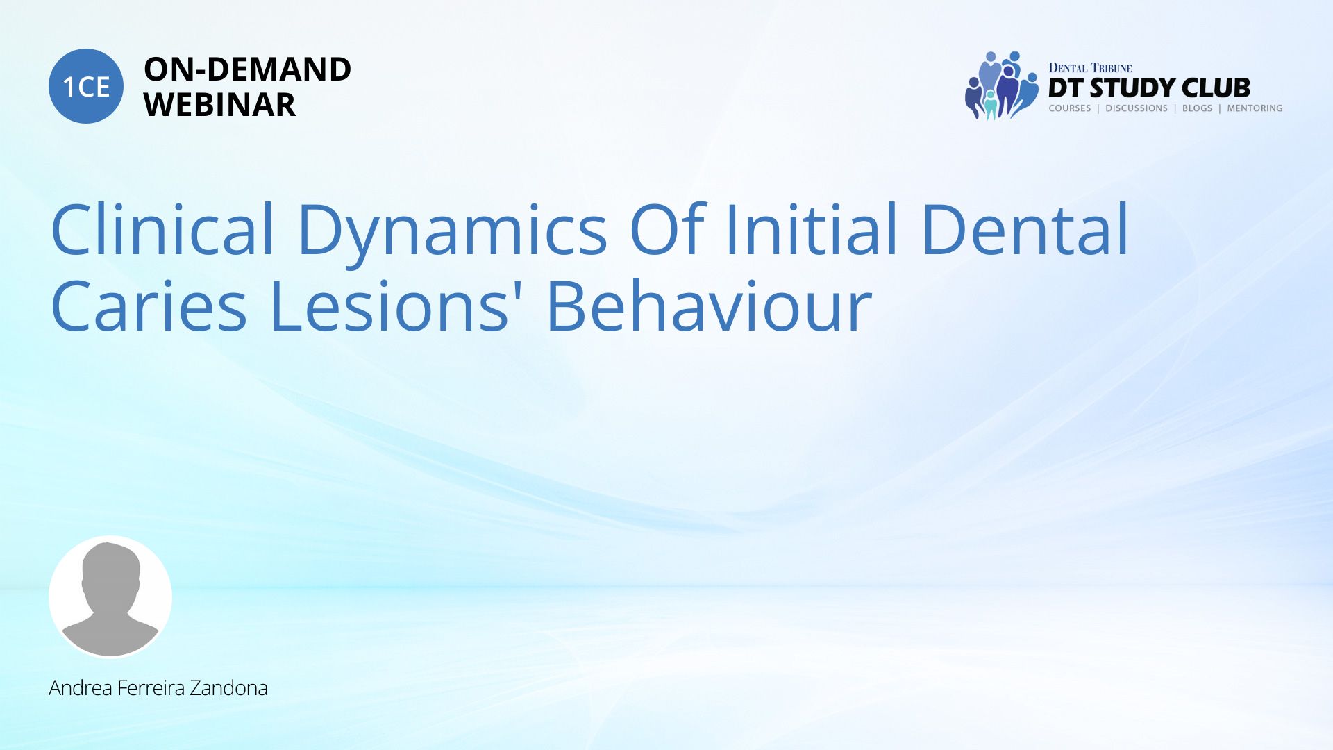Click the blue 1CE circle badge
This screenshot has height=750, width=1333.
(x=86, y=86)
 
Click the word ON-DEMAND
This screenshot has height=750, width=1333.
(x=247, y=69)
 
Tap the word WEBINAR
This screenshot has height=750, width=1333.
(x=219, y=105)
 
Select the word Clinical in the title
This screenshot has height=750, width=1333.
(x=163, y=229)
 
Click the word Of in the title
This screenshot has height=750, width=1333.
(x=668, y=229)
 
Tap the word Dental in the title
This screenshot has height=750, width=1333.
(x=1025, y=229)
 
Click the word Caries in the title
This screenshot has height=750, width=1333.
(x=149, y=306)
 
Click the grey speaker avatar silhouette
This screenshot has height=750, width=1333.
(x=110, y=597)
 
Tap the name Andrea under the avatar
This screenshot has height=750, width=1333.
(x=81, y=688)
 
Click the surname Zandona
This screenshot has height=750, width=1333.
(x=228, y=688)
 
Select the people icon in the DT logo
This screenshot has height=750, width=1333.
(x=1001, y=85)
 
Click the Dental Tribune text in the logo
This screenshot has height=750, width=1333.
(x=1090, y=67)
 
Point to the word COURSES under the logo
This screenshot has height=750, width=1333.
(x=1070, y=108)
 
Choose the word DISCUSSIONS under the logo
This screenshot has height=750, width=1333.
(x=1137, y=108)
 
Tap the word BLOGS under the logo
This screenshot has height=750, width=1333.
(x=1197, y=108)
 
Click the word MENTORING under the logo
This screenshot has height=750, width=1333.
(x=1255, y=108)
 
